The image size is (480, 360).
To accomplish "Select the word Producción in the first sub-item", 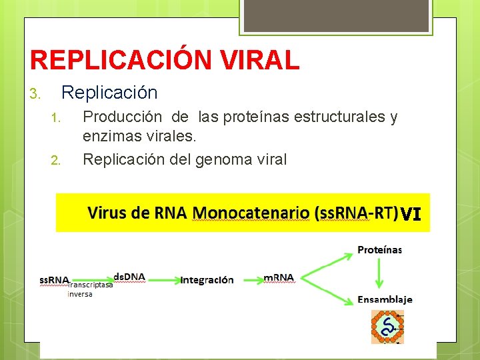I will click(x=122, y=117).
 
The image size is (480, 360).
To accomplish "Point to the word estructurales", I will click(x=349, y=117).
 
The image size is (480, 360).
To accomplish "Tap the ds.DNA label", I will click(x=129, y=276).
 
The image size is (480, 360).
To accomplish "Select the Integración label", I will click(x=207, y=279).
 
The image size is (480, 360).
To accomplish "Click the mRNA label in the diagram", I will click(x=279, y=277).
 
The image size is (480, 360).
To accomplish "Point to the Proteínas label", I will click(x=379, y=250).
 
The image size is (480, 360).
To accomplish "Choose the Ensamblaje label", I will click(x=385, y=299).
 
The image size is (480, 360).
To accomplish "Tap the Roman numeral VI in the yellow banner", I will click(x=411, y=214).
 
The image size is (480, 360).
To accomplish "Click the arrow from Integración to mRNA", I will click(x=249, y=279).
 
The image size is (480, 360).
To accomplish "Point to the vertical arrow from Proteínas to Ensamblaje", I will click(x=379, y=273).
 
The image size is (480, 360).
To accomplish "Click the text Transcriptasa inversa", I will click(x=89, y=289).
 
